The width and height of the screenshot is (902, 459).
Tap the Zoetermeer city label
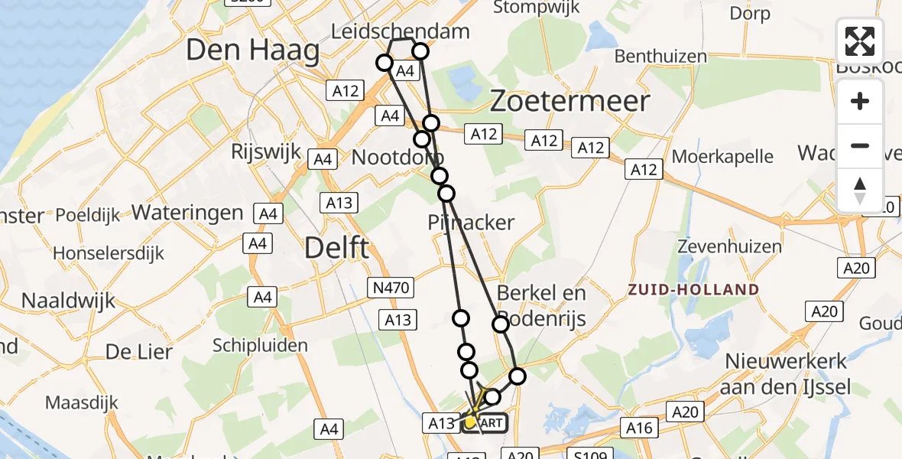coord(570,101)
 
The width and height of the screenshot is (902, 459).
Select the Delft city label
coord(337,248)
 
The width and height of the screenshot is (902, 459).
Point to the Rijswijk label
coord(267,151)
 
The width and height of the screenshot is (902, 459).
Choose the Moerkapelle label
coord(723,157)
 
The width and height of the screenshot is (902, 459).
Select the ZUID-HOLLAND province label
coord(693,290)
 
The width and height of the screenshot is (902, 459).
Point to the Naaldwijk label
coord(69,300)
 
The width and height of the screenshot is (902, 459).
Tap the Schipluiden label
coord(260,346)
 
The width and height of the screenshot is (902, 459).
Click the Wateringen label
coord(188,212)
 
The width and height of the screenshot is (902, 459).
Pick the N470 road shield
coord(392,288)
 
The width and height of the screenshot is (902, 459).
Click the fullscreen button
coord(860,41)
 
